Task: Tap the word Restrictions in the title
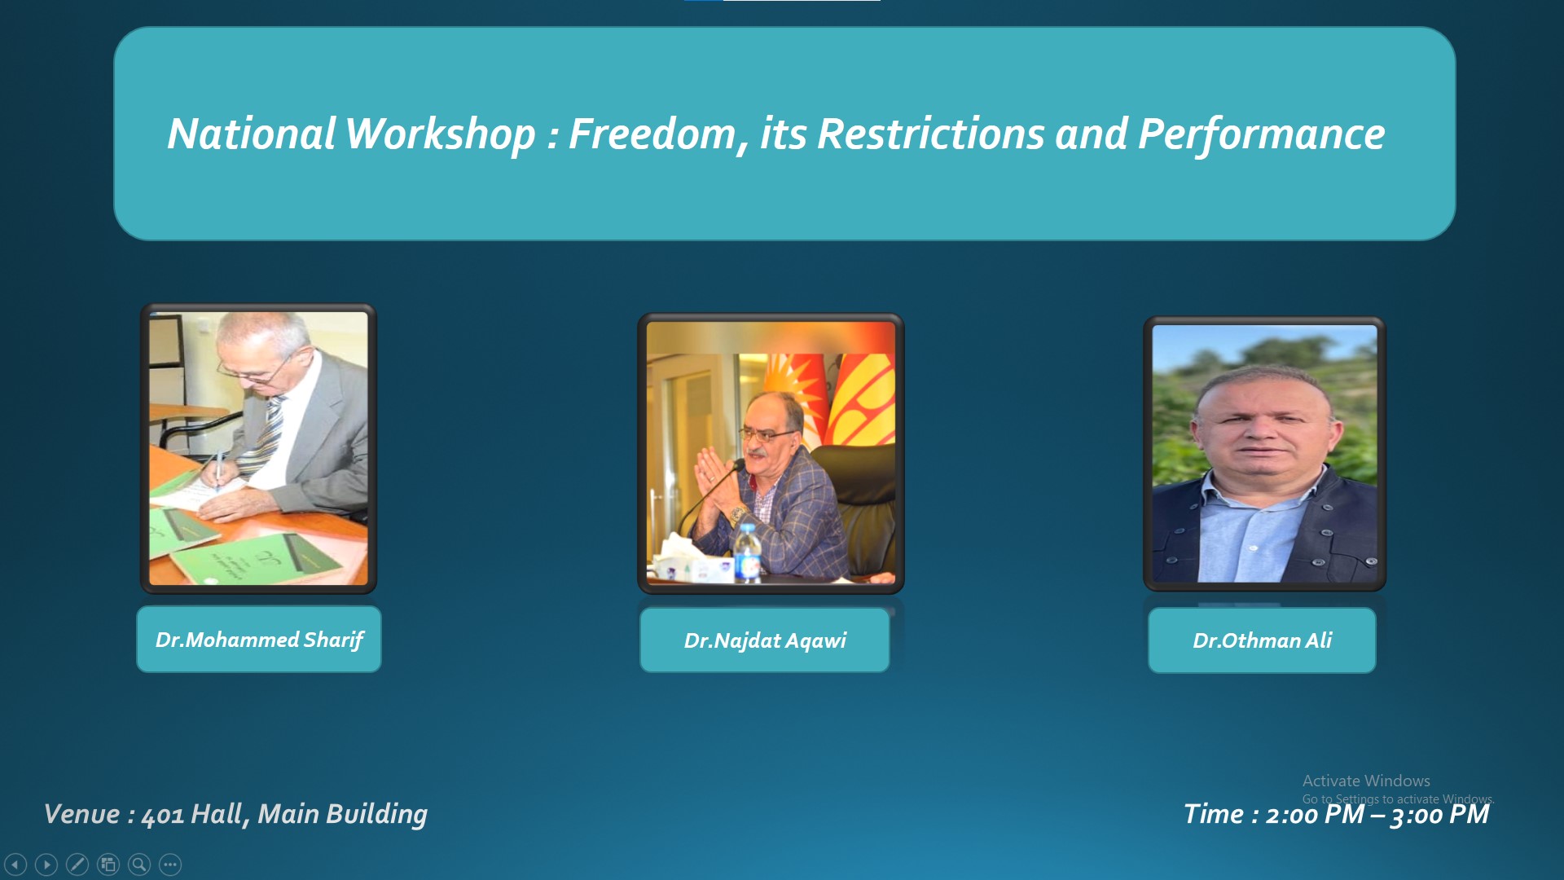(930, 134)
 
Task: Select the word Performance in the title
(1261, 135)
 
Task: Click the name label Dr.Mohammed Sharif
(259, 640)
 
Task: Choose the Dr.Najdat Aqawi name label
(765, 640)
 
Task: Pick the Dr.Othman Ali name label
(1262, 640)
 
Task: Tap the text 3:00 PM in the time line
(1440, 815)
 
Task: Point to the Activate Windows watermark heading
(1366, 781)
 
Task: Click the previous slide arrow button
(15, 865)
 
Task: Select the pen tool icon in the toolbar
(77, 865)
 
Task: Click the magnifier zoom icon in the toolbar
(139, 865)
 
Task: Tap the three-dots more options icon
(170, 865)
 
